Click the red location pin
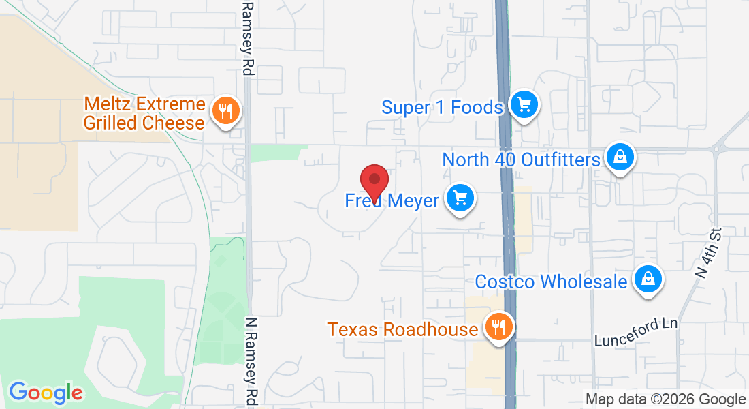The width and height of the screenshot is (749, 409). point(374,181)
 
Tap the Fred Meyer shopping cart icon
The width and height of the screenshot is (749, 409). point(460,198)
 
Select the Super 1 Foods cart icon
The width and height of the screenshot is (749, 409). point(524,105)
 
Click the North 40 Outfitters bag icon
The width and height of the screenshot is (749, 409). point(620,157)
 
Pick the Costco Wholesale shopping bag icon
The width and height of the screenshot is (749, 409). point(648,279)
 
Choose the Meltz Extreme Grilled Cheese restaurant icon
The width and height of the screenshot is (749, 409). point(225,110)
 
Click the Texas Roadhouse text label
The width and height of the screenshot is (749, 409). point(402,330)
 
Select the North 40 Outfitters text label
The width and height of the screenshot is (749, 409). point(521,160)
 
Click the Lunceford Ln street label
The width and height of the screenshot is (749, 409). point(636,331)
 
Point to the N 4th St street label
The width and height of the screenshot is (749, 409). point(709,253)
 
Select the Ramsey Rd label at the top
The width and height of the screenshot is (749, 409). point(248,37)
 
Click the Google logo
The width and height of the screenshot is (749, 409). point(46,393)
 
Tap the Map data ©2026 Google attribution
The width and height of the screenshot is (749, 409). point(665,399)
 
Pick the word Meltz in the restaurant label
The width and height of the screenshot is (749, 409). point(109,104)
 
